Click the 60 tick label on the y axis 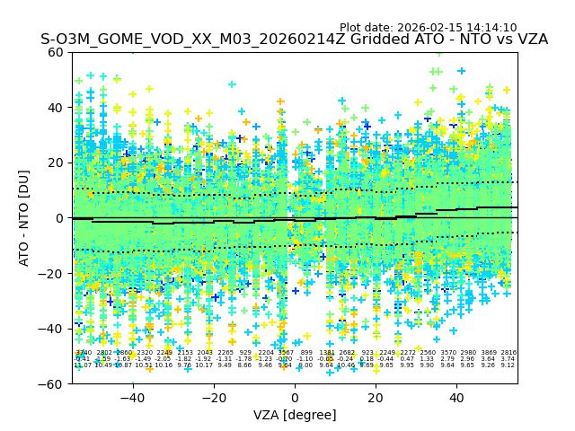(x=56, y=52)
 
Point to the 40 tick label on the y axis (x=56, y=108)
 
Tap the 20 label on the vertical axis (x=56, y=163)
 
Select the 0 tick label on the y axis (x=59, y=218)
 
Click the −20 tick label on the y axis (x=52, y=273)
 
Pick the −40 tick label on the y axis (x=52, y=329)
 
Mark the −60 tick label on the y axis (x=52, y=383)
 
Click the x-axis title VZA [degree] (x=295, y=415)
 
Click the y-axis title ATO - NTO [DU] (x=24, y=218)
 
